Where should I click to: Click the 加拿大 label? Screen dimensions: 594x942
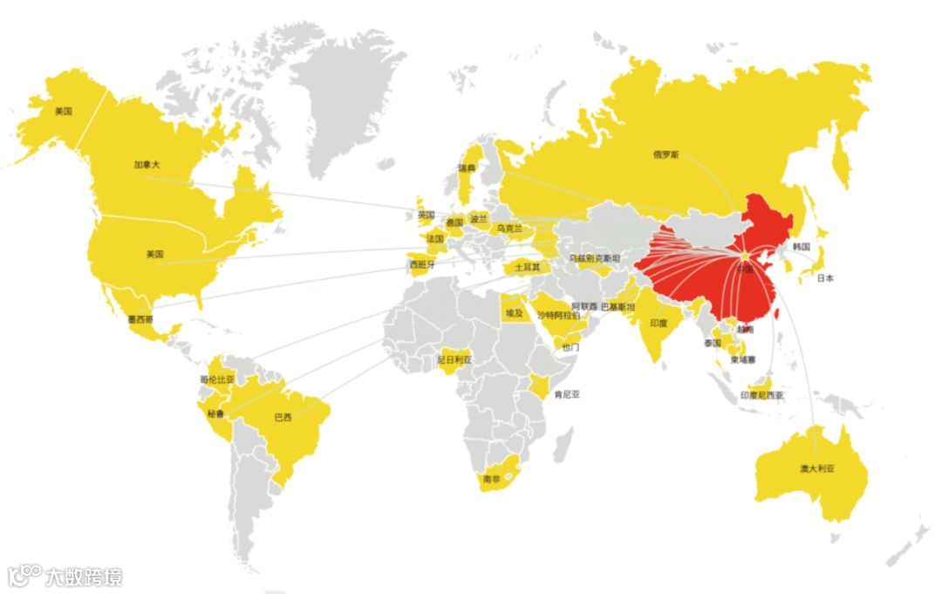click(147, 164)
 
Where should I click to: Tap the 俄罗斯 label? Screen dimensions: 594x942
click(666, 154)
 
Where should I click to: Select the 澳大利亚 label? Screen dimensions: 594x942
click(817, 468)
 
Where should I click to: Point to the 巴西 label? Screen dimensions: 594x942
click(283, 416)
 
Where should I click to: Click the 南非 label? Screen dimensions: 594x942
click(491, 479)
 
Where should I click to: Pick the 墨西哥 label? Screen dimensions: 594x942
click(140, 319)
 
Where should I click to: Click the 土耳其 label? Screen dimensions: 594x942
click(527, 267)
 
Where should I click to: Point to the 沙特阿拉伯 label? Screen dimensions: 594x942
click(557, 315)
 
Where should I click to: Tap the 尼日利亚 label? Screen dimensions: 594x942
click(454, 359)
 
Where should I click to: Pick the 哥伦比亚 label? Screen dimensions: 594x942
click(218, 379)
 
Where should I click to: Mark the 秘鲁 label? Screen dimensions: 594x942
click(215, 413)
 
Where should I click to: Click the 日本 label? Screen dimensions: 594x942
click(825, 278)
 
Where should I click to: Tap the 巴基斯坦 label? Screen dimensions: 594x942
click(618, 307)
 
